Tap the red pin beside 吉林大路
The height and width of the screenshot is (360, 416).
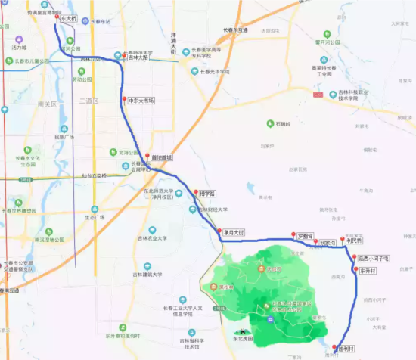(x=123, y=55)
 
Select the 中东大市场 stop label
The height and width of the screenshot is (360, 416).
(x=141, y=101)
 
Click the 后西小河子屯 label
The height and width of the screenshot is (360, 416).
(x=374, y=259)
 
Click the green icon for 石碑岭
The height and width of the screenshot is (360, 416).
(x=270, y=124)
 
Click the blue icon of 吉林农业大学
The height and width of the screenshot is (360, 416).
(x=152, y=230)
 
